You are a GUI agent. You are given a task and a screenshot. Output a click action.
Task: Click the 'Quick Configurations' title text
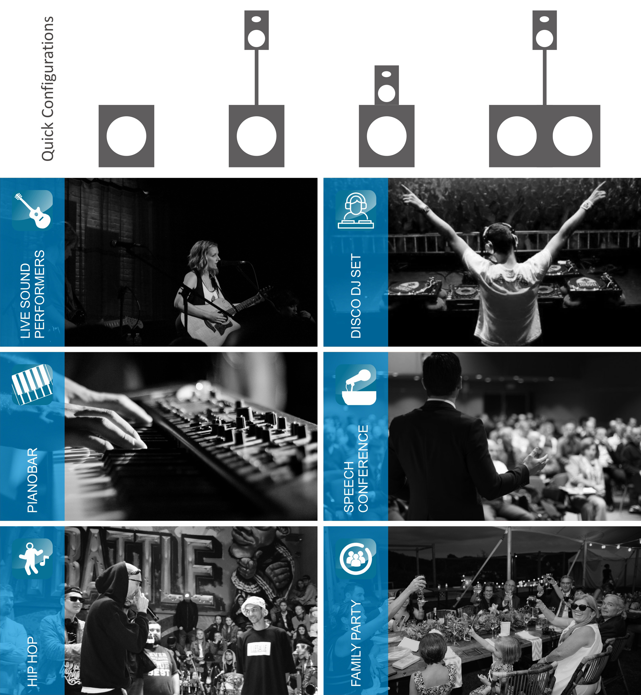click(x=48, y=88)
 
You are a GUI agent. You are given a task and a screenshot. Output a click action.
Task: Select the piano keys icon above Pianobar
click(x=32, y=384)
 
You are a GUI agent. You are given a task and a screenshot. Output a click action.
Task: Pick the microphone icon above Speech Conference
click(x=356, y=384)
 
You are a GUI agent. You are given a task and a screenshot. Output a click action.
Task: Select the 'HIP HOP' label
click(x=32, y=661)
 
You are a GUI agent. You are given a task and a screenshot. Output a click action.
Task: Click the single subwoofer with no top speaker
click(x=126, y=136)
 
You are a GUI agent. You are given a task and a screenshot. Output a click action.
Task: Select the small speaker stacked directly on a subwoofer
click(x=386, y=85)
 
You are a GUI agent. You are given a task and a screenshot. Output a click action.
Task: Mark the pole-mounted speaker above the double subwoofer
click(x=545, y=30)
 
